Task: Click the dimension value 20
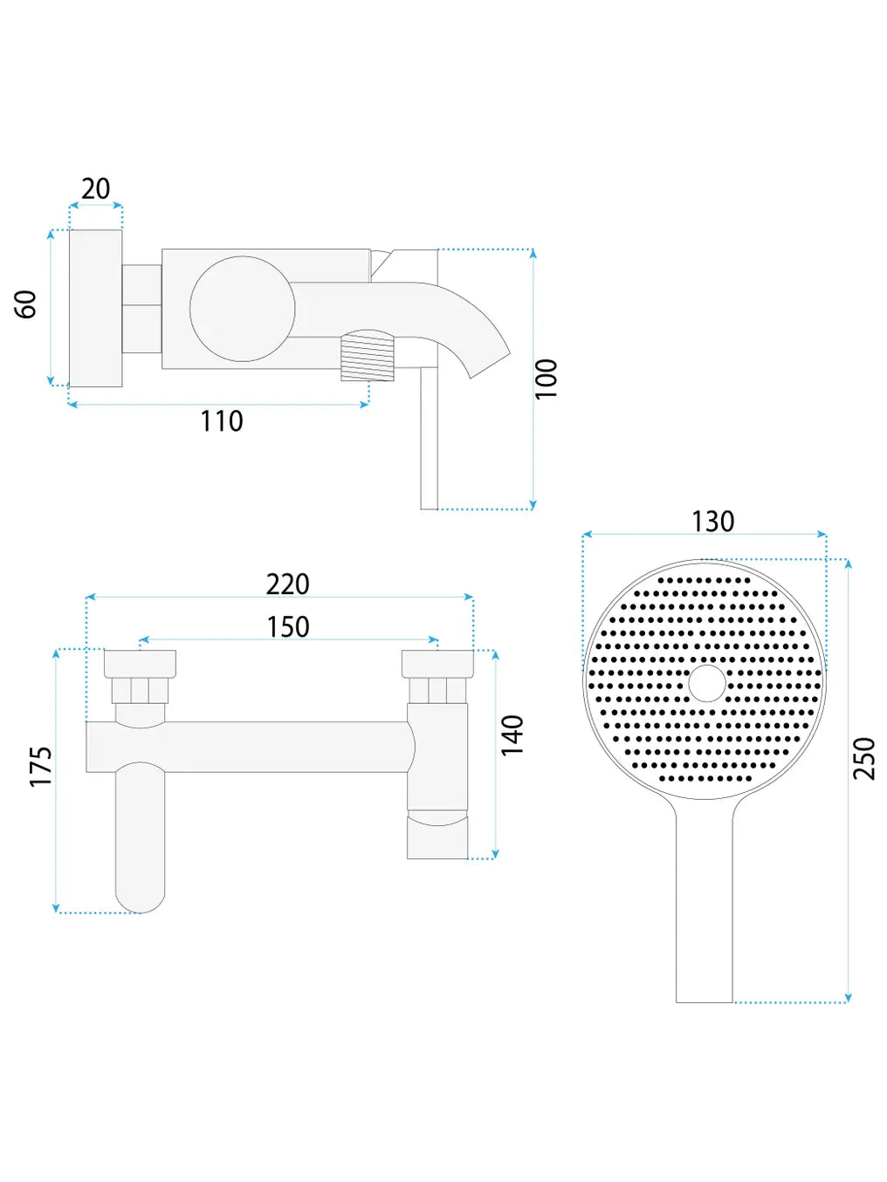pyautogui.click(x=95, y=188)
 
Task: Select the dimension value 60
pyautogui.click(x=26, y=304)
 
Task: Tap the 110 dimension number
pyautogui.click(x=222, y=421)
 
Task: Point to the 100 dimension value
pyautogui.click(x=546, y=378)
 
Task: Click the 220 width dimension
pyautogui.click(x=288, y=584)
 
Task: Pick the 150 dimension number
pyautogui.click(x=288, y=627)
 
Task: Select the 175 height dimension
pyautogui.click(x=41, y=767)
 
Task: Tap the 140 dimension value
pyautogui.click(x=512, y=734)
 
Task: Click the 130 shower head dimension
pyautogui.click(x=712, y=522)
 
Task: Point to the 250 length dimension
pyautogui.click(x=863, y=758)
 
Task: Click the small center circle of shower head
pyautogui.click(x=707, y=683)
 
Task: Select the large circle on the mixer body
pyautogui.click(x=243, y=308)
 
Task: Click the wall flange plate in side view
pyautogui.click(x=96, y=308)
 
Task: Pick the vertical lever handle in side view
pyautogui.click(x=429, y=438)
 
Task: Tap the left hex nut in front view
pyautogui.click(x=140, y=690)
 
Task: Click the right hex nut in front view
pyautogui.click(x=437, y=690)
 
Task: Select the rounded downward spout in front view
pyautogui.click(x=140, y=837)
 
